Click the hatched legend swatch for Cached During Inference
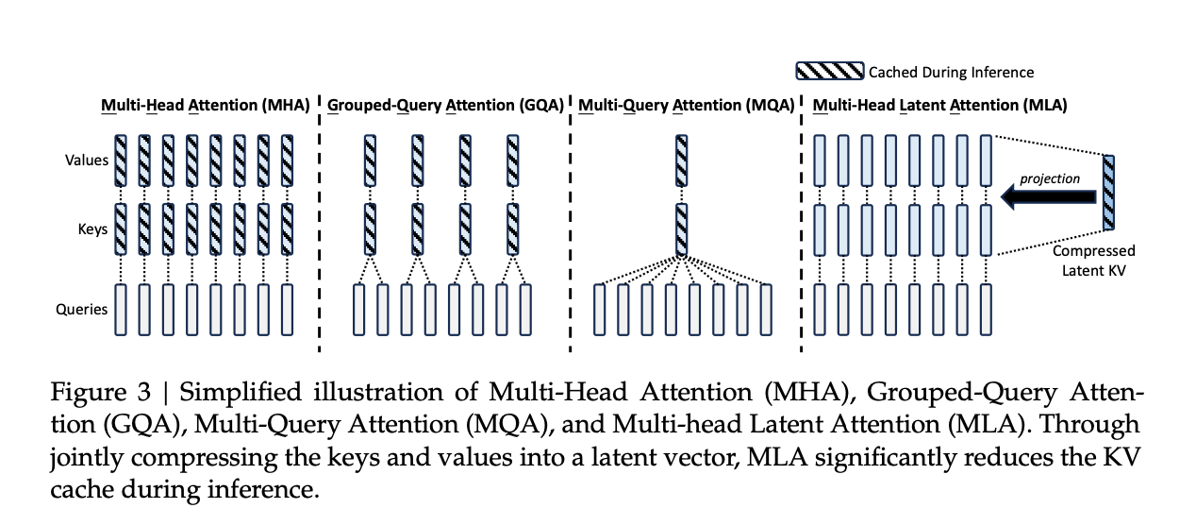coord(830,71)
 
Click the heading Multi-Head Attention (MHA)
coord(206,105)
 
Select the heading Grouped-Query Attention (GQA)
coord(445,105)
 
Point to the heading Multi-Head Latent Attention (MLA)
coord(939,105)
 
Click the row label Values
coord(87,160)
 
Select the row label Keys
coord(92,229)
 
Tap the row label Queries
coord(83,308)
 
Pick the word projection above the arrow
coord(1050,178)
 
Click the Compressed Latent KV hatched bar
coord(1108,193)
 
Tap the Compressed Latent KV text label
coord(1093,260)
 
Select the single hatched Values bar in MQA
coord(682,159)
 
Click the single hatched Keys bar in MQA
coord(682,229)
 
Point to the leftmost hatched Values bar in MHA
coord(121,159)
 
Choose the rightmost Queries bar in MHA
coord(287,308)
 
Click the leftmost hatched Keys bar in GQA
coord(371,229)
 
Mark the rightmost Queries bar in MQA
coord(765,308)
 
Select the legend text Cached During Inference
coord(951,72)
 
